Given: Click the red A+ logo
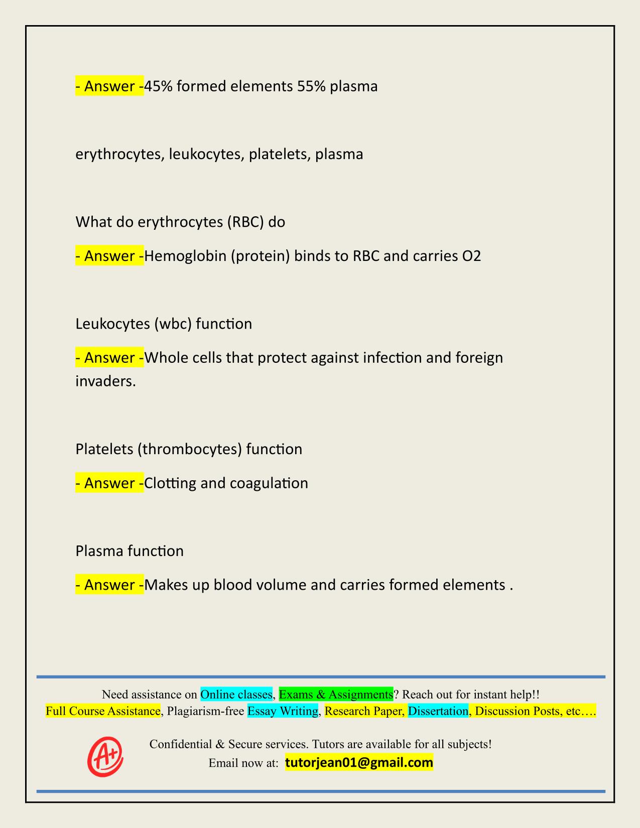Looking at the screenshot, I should click(105, 756).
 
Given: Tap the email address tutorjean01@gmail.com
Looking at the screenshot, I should click(359, 763).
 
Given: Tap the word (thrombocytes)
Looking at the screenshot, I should click(189, 449).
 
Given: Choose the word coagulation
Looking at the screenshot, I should click(269, 483).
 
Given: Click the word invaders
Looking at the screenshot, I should click(105, 381).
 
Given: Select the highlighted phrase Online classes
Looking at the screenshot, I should click(236, 695).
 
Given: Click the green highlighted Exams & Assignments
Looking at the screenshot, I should click(336, 695).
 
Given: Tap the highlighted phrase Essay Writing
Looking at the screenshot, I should click(283, 711).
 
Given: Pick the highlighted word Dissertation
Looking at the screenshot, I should click(438, 711).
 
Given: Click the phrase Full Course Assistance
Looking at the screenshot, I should click(103, 711).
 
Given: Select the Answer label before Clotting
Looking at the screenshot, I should click(109, 483).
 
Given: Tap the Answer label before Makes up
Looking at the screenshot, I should click(109, 585).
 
